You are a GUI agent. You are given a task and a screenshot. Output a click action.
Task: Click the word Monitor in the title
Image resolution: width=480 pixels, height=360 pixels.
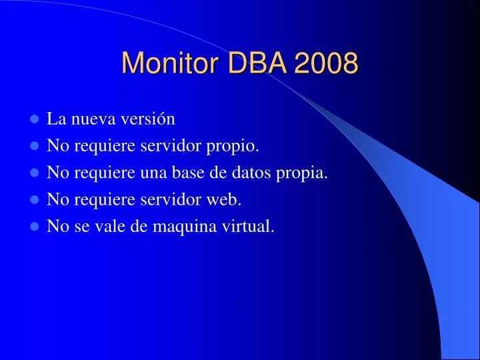click(172, 63)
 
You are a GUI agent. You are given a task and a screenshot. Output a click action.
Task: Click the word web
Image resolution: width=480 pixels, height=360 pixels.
click(229, 200)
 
